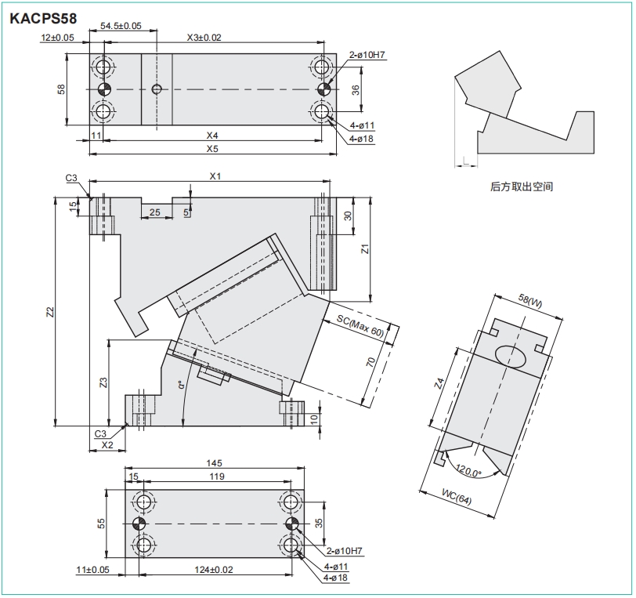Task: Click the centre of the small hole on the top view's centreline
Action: [x=157, y=89]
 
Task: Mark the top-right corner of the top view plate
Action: [x=336, y=53]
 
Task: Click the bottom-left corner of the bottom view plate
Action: [x=125, y=557]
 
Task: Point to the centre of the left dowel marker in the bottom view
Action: [x=139, y=524]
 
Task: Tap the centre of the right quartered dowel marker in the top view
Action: [x=323, y=89]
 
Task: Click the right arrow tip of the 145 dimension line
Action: [x=304, y=469]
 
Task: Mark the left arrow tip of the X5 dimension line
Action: [x=89, y=154]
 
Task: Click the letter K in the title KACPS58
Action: [x=15, y=19]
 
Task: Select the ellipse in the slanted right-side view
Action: [x=511, y=357]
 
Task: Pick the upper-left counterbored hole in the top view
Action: [x=103, y=67]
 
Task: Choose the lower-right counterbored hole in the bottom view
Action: [x=291, y=545]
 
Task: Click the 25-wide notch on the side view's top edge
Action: [x=157, y=201]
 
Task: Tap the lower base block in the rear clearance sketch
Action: [x=536, y=132]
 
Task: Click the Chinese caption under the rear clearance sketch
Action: [x=522, y=187]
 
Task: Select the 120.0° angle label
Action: [x=468, y=470]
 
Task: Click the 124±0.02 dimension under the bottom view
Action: [x=214, y=570]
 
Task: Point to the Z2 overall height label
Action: [x=50, y=312]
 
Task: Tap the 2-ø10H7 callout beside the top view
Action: [x=367, y=54]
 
